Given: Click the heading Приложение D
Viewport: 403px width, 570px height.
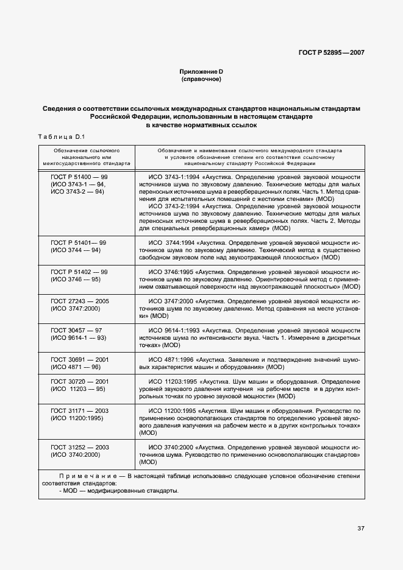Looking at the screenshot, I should [201, 72].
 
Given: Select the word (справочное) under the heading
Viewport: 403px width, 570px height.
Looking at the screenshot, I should [201, 80].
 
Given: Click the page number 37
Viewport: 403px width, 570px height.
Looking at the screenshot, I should [360, 528].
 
